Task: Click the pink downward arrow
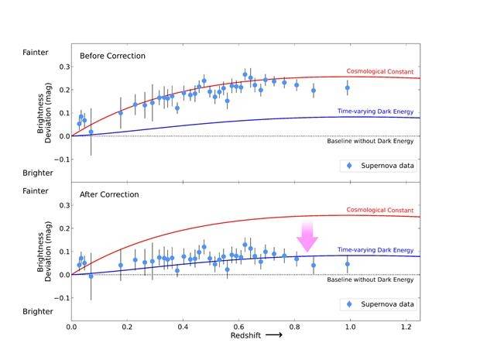point(307,235)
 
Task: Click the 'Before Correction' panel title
point(112,56)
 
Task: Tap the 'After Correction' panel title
point(109,194)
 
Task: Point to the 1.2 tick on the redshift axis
point(406,327)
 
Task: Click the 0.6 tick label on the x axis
point(239,327)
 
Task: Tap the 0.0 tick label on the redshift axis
point(72,327)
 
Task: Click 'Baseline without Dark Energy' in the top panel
point(374,141)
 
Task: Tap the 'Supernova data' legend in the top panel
point(379,166)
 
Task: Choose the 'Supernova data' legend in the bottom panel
point(379,304)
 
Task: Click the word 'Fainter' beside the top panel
point(35,53)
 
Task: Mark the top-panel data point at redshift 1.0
point(348,87)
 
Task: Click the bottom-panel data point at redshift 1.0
point(348,264)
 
